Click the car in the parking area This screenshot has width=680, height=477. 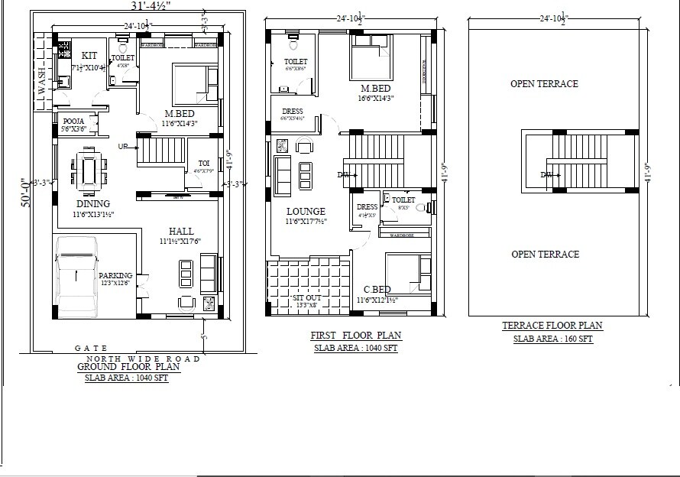pos(76,277)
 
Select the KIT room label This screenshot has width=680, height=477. pos(89,56)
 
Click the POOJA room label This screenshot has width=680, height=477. pos(73,121)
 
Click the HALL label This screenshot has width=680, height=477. pos(181,231)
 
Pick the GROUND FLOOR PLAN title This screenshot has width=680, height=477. pos(128,367)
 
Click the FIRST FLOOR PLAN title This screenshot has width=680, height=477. pos(355,336)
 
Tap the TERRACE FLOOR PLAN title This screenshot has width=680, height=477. pos(552,326)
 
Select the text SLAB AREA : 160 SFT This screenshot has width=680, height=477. pos(552,338)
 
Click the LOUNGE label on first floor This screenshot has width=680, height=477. pos(306,212)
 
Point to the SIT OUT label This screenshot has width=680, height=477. pos(306,297)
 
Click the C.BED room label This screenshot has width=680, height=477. pos(377,290)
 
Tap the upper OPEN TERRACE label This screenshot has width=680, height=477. pos(544,84)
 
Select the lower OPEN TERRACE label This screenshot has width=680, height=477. pos(545,254)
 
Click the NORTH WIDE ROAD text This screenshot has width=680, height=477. pos(143,358)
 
